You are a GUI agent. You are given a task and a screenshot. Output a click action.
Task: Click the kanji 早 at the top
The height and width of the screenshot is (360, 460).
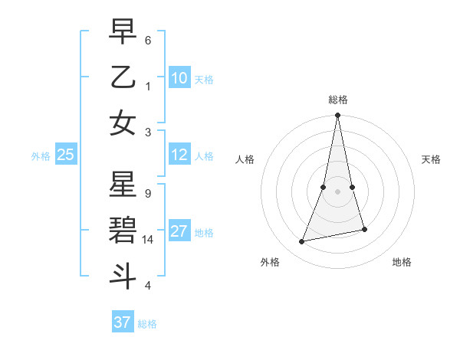point(123,32)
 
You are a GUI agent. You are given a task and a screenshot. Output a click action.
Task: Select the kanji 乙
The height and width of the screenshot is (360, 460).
point(123,77)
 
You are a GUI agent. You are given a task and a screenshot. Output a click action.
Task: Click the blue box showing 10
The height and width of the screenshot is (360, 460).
point(179,77)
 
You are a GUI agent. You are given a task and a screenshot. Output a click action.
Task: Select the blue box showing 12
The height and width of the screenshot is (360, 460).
point(179,155)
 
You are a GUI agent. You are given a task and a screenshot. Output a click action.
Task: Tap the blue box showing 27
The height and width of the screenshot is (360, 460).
point(179,231)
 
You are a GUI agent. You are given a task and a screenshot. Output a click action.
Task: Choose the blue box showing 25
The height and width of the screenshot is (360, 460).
point(66,155)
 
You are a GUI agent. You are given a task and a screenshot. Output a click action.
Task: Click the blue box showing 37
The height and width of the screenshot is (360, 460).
point(123,322)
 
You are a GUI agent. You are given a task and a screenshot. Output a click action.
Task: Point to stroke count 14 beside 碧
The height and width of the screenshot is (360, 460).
point(149,240)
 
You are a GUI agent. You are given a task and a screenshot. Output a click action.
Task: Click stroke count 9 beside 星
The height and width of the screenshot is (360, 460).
point(147,194)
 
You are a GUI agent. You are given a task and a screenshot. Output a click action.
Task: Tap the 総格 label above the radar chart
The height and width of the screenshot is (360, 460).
point(337,100)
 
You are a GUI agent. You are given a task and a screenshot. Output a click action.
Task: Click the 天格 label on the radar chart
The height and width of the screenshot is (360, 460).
point(431,159)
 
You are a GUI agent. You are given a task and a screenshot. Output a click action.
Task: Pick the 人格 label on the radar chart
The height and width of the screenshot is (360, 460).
point(245,159)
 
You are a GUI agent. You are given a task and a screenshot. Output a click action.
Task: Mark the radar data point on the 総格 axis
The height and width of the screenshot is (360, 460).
point(337,116)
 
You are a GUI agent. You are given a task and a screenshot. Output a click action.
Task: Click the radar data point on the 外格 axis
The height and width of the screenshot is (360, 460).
point(302,242)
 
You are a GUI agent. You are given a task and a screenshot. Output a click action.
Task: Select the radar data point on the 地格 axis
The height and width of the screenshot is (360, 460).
point(364,229)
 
